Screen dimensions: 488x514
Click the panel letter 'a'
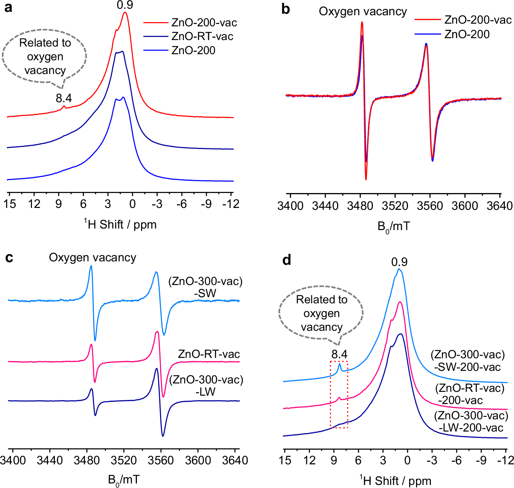pos(8,8)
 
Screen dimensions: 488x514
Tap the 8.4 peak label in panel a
pos(64,98)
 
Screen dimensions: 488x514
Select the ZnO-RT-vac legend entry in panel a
pos(202,37)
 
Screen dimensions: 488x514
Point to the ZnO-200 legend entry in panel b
pos(467,34)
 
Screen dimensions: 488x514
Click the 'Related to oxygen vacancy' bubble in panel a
pos(45,56)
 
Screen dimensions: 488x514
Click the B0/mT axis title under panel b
pos(394,227)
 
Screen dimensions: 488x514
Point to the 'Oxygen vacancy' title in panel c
pos(92,258)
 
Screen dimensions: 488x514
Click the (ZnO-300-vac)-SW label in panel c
pos(205,287)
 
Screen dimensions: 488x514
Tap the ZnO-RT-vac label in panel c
pos(209,354)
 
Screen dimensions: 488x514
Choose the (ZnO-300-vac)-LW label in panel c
pos(206,385)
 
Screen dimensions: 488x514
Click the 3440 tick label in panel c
pos(50,460)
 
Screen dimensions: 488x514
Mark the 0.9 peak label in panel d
pos(399,262)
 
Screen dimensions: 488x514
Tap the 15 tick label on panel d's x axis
pos(285,460)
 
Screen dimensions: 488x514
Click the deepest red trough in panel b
pos(366,179)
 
